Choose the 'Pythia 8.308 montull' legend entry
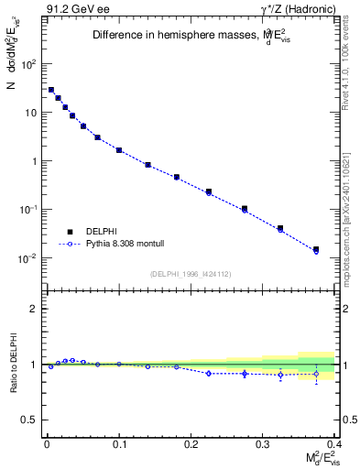[x=118, y=245]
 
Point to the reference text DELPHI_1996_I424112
[x=190, y=273]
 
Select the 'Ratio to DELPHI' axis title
[x=12, y=364]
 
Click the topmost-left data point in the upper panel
[x=51, y=90]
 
